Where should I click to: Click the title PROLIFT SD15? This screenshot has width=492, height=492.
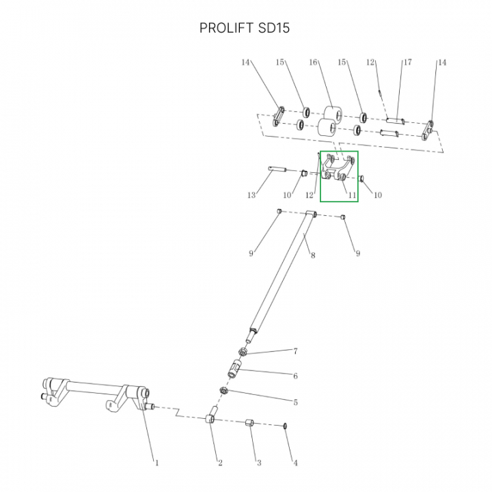click(x=245, y=28)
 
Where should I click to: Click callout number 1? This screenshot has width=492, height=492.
click(x=157, y=463)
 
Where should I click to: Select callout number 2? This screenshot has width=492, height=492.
click(x=220, y=463)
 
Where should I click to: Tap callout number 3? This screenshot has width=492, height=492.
click(x=259, y=463)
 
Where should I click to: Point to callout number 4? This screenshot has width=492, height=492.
click(x=295, y=463)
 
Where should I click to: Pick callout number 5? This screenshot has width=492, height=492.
click(x=295, y=402)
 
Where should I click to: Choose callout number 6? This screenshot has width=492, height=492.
click(x=295, y=376)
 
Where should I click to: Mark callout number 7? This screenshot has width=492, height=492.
click(x=295, y=351)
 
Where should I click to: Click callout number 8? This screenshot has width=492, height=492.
click(x=313, y=255)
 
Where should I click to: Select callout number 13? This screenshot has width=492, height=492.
click(x=251, y=195)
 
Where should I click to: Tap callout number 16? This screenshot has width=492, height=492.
click(x=313, y=62)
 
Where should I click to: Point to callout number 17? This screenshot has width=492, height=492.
click(x=407, y=62)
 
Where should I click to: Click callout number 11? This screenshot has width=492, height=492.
click(x=353, y=195)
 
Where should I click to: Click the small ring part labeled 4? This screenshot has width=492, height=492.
click(x=285, y=426)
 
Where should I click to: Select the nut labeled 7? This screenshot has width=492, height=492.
click(x=242, y=352)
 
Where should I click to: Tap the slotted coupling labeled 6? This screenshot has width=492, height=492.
click(x=234, y=369)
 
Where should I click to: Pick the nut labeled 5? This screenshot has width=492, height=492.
click(x=223, y=391)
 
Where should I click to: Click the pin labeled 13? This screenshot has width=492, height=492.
click(x=277, y=169)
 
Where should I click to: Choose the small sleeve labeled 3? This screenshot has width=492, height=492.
click(x=249, y=422)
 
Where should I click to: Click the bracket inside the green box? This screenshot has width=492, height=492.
click(x=338, y=169)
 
